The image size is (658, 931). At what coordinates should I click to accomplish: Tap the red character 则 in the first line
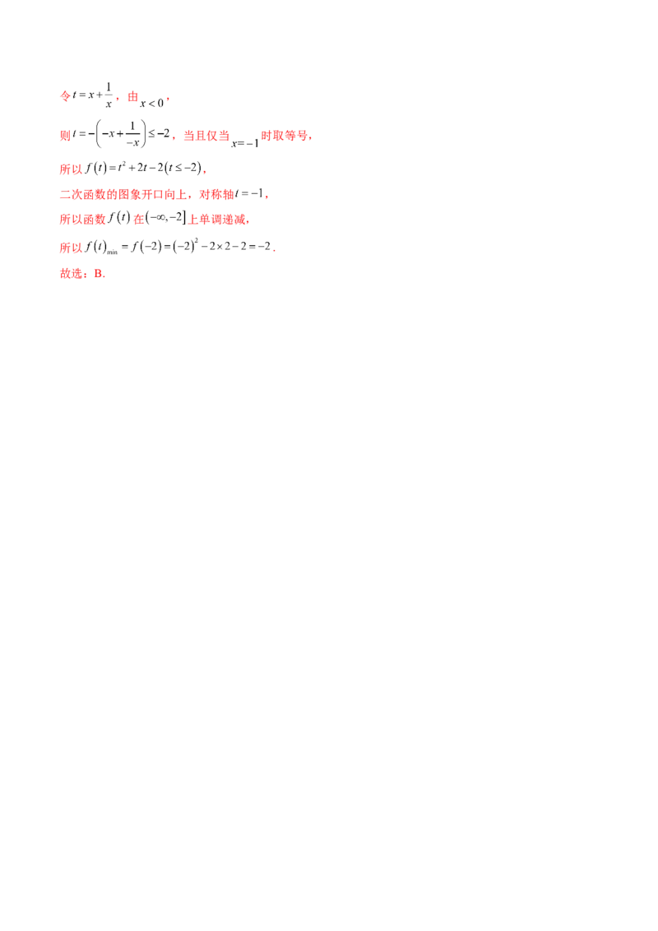[132, 97]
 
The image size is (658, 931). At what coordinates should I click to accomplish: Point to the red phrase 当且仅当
[205, 137]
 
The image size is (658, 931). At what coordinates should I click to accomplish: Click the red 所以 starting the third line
[72, 170]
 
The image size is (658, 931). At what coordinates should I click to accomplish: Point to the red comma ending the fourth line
[268, 197]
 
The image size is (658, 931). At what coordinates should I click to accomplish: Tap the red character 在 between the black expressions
[138, 220]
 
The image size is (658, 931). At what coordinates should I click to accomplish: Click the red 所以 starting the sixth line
[72, 247]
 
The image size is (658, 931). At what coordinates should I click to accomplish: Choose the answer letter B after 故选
[98, 274]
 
